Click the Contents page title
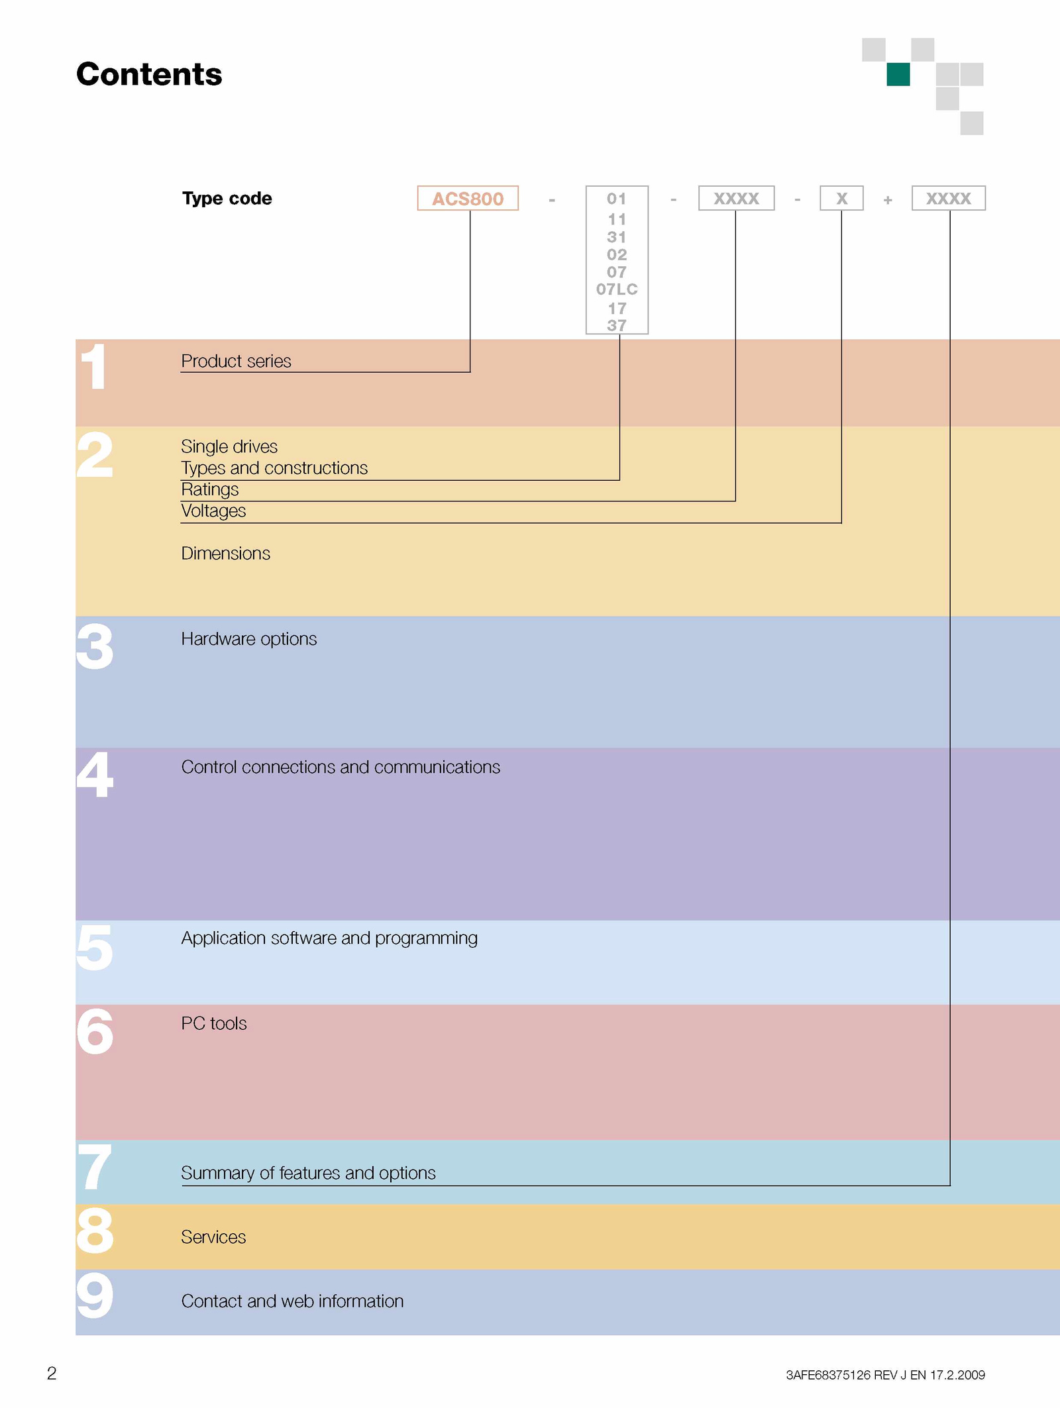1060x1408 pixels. click(x=149, y=74)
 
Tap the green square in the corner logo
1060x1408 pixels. click(x=898, y=74)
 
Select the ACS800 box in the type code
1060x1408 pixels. click(x=468, y=198)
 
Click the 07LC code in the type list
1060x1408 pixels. click(x=617, y=289)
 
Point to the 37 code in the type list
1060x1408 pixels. click(x=617, y=325)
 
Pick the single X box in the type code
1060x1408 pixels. click(x=841, y=198)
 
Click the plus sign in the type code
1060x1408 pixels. click(x=888, y=199)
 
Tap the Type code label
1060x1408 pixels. click(x=227, y=199)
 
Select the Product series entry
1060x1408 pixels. click(x=236, y=361)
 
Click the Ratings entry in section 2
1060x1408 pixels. click(x=209, y=489)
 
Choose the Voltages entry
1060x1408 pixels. click(x=213, y=511)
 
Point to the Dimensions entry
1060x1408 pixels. click(x=225, y=553)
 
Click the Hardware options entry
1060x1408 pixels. click(x=248, y=638)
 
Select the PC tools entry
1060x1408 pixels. click(x=213, y=1023)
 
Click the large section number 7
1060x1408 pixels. click(x=95, y=1166)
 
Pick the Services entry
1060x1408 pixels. click(x=213, y=1236)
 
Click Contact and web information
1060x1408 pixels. click(x=292, y=1301)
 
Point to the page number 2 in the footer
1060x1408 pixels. click(x=52, y=1373)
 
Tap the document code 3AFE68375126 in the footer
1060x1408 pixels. click(x=828, y=1375)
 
